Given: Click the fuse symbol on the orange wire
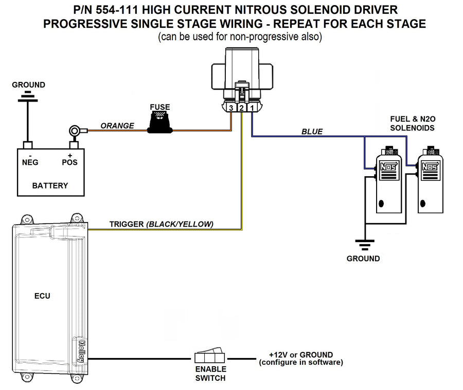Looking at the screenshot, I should [159, 125].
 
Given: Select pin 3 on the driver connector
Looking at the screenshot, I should [232, 108].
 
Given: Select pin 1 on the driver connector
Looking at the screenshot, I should [253, 108].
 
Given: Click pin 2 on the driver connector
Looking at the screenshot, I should [242, 108].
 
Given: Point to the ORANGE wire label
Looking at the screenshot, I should [117, 125].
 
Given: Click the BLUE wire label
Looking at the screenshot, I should [312, 131].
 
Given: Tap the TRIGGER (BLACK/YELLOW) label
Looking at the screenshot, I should [162, 224].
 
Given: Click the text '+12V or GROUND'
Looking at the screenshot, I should [300, 354].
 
